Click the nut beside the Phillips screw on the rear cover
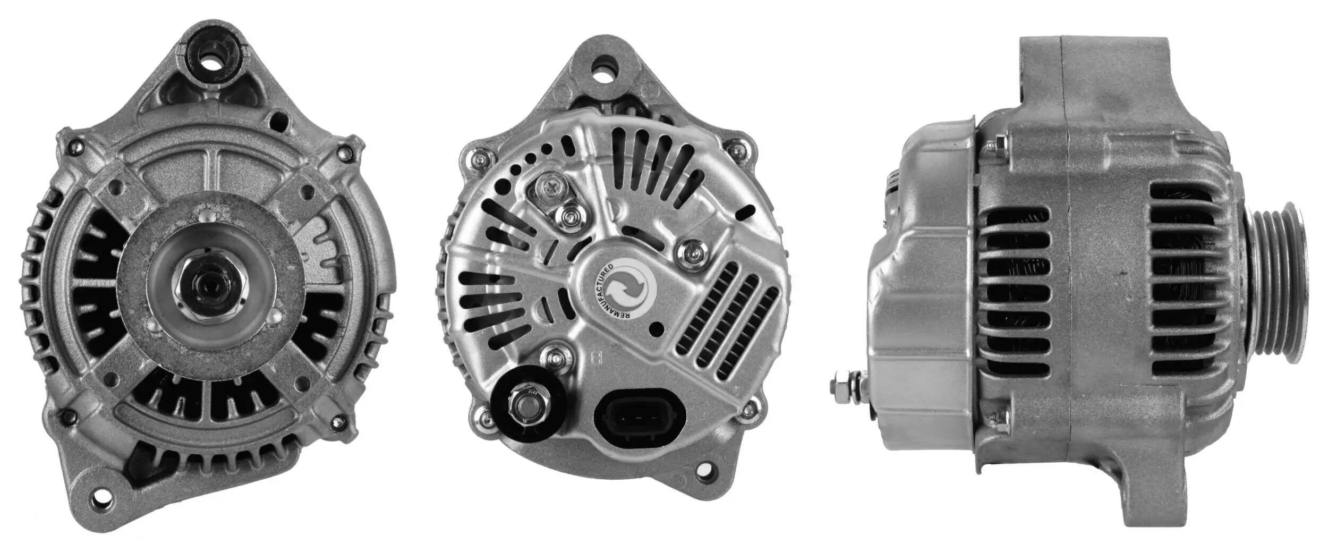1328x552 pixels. pyautogui.click(x=571, y=216)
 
